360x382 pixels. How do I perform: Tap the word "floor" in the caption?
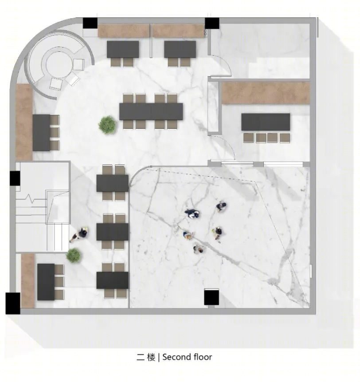click(203, 357)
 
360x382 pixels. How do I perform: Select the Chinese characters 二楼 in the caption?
click(146, 358)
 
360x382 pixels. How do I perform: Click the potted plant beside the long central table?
click(107, 125)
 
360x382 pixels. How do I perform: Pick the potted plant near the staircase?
click(74, 256)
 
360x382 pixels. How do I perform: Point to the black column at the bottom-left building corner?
click(13, 303)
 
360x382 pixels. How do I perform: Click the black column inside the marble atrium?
click(211, 297)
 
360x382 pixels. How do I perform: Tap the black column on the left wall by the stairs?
click(15, 178)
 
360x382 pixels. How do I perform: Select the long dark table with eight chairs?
click(151, 111)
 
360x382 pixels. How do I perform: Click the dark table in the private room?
click(266, 122)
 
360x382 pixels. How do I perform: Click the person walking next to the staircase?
click(80, 234)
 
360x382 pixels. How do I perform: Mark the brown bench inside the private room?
click(266, 93)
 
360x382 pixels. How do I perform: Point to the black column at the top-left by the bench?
click(90, 24)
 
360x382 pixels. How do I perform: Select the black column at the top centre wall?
click(212, 24)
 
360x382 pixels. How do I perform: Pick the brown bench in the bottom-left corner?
click(28, 281)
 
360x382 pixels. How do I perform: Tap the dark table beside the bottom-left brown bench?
click(46, 282)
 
